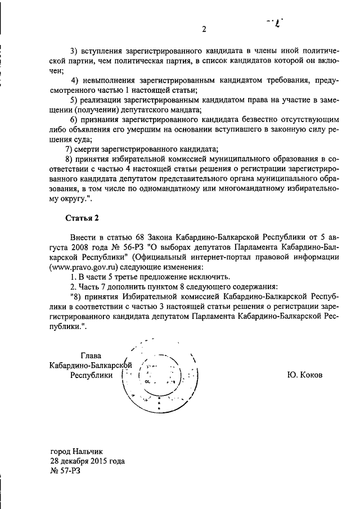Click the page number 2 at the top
(205, 29)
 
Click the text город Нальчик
(76, 451)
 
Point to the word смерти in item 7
(91, 149)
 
